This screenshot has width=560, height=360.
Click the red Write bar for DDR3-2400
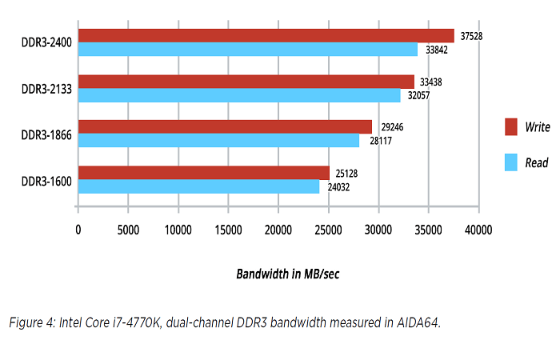266,36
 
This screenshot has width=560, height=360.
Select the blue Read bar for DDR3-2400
247,50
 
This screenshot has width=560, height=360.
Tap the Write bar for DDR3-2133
246,82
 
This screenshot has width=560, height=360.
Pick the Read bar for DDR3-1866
218,141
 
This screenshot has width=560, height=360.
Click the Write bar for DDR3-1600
203,173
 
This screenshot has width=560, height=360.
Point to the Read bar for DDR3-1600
198,186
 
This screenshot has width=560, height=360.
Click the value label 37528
472,36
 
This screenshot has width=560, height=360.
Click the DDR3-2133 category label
46,89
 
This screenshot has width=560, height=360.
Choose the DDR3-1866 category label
46,134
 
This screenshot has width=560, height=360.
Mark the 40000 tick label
478,230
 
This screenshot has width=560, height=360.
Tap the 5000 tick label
128,230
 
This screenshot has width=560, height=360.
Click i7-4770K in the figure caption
139,322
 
